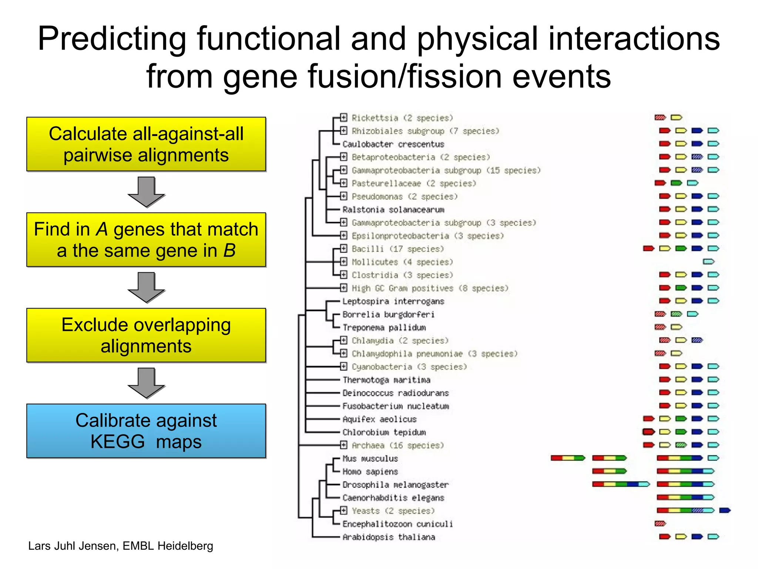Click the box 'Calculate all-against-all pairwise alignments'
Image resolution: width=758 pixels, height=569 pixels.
tap(146, 144)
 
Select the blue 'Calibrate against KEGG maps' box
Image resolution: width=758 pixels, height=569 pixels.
tap(146, 431)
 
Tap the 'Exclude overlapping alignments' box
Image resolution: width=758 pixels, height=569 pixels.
tap(146, 335)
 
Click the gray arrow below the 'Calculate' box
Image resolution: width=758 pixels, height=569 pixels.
tap(146, 192)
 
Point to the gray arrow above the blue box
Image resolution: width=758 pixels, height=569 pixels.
tap(146, 383)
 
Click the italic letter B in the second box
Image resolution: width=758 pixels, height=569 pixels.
tap(229, 251)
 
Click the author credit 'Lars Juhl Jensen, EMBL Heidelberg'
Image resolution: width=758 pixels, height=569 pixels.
tap(121, 546)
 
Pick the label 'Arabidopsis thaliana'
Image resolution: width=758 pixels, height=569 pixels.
tap(389, 537)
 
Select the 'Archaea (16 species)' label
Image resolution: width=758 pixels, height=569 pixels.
tap(397, 445)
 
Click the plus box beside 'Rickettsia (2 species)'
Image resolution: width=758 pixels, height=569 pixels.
tap(344, 117)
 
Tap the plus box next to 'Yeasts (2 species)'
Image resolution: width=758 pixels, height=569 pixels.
tap(344, 510)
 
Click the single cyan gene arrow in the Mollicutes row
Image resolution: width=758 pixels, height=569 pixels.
tap(708, 262)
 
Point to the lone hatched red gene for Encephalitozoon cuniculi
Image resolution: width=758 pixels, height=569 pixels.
tap(660, 523)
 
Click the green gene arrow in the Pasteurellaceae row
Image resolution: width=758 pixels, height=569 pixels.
tap(676, 183)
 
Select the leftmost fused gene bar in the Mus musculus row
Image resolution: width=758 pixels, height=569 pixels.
tap(568, 458)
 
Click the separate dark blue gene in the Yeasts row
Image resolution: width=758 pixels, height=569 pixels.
tap(725, 510)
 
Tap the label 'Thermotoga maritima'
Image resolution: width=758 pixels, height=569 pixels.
tap(386, 380)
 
